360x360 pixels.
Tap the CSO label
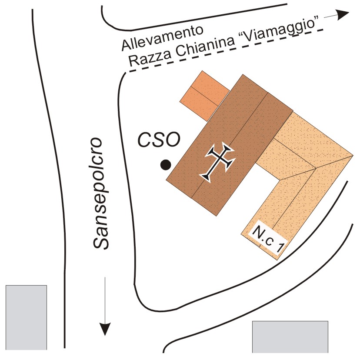[x=159, y=140]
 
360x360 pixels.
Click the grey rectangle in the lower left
[x=26, y=317]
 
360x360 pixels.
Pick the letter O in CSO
[x=172, y=140]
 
